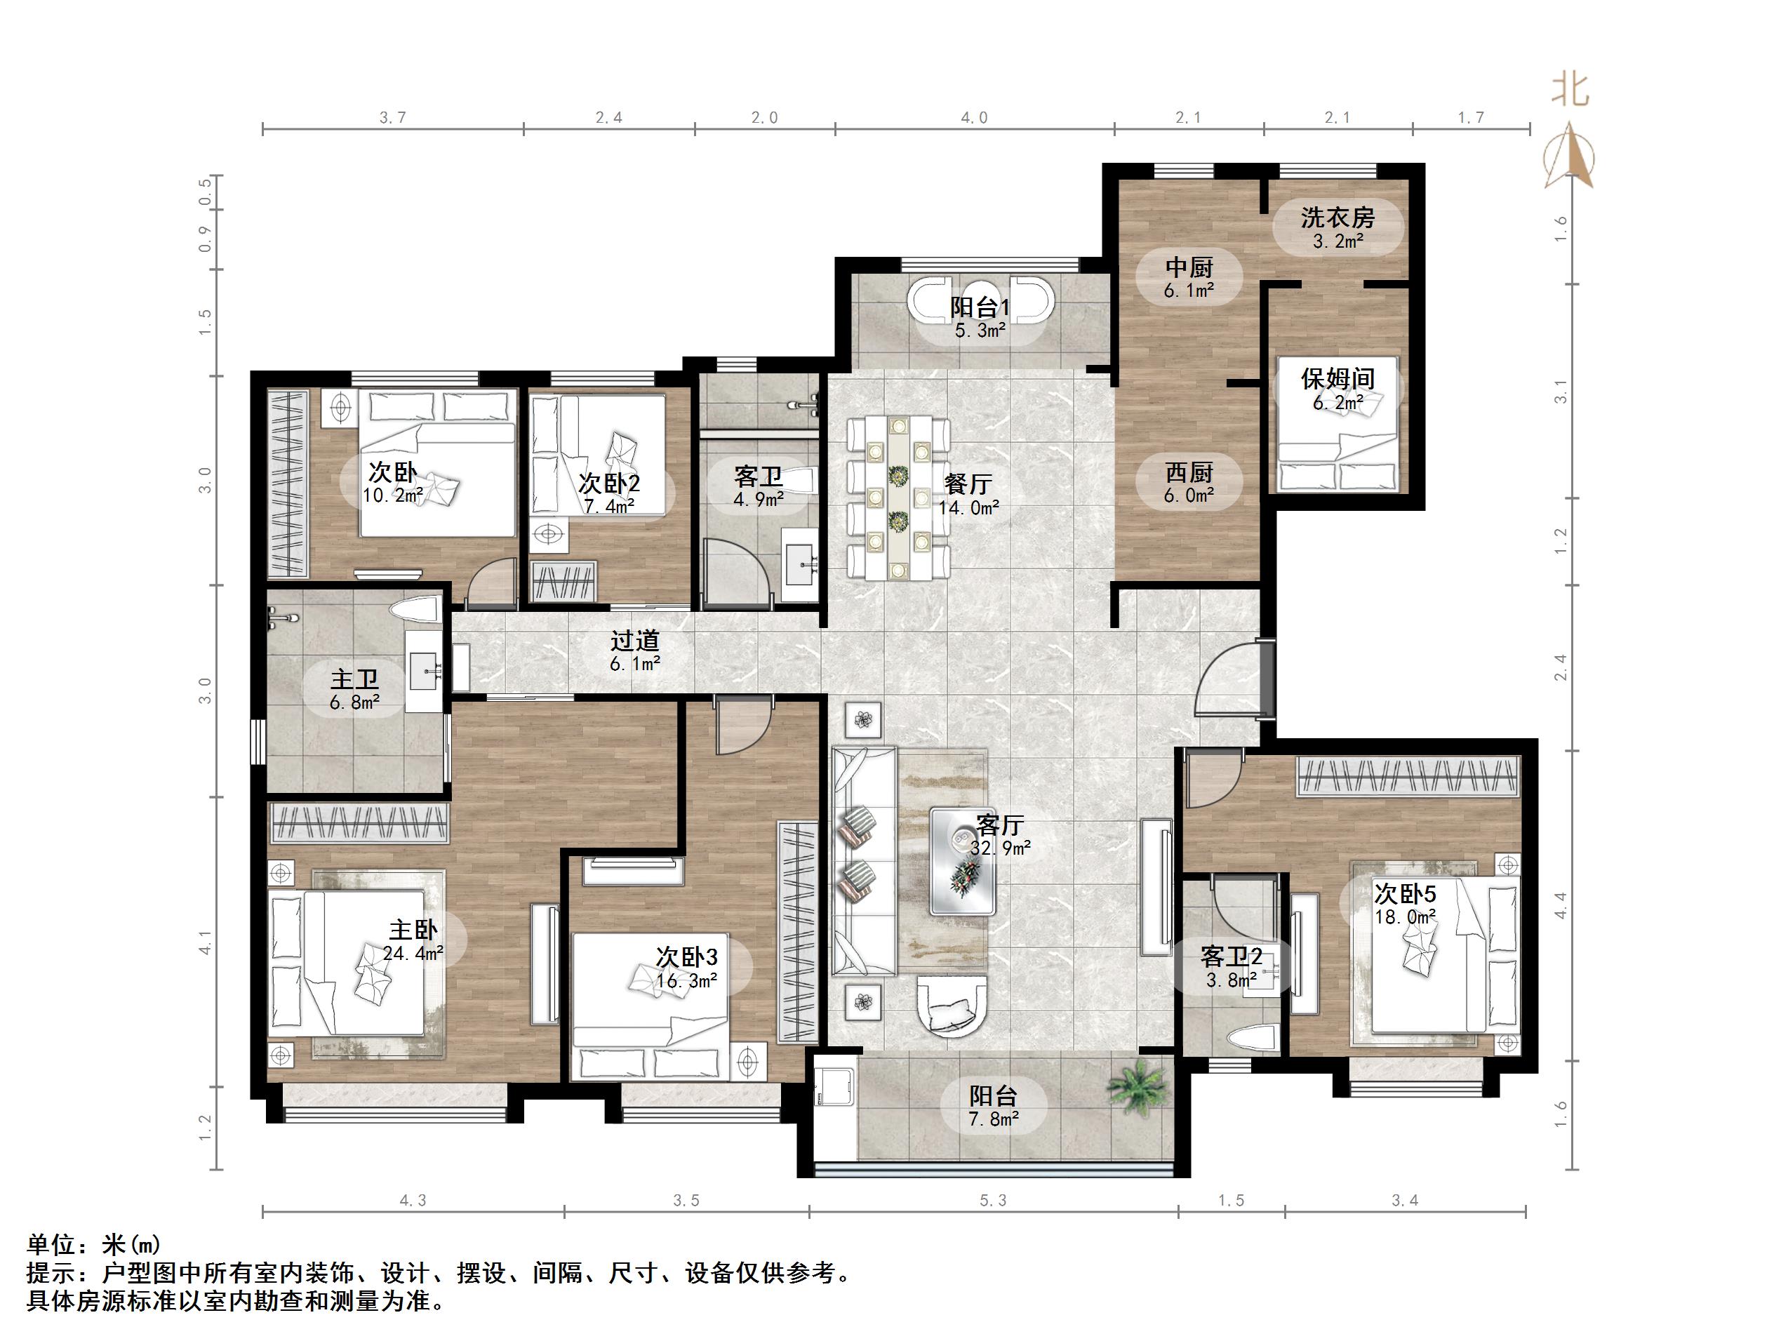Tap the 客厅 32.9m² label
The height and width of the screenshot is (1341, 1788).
1001,835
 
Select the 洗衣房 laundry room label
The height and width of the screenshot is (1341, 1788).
1337,227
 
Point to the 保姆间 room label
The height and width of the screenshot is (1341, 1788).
1337,389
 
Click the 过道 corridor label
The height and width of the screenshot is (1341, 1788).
634,651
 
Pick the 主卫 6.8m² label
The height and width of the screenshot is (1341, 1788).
355,690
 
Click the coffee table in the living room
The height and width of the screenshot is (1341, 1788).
961,860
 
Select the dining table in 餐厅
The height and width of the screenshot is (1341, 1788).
898,496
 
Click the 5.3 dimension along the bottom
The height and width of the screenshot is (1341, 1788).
993,1201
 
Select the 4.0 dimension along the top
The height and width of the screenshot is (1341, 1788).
974,118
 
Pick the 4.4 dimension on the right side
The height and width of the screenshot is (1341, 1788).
1560,905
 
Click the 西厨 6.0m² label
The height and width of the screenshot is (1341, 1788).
1189,483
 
